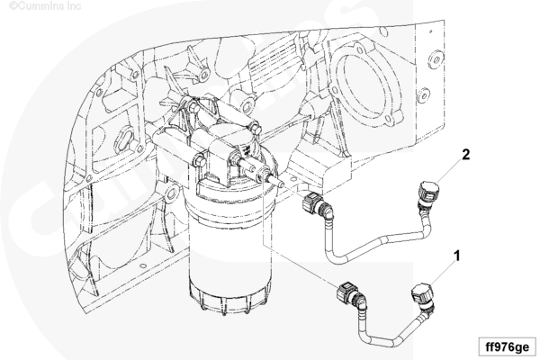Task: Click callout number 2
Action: click(465, 155)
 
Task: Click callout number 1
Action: click(457, 256)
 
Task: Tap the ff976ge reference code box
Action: click(507, 346)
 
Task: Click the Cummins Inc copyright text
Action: click(45, 6)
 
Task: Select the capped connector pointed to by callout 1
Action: click(423, 297)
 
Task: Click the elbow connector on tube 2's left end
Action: click(316, 206)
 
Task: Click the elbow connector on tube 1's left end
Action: click(351, 295)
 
